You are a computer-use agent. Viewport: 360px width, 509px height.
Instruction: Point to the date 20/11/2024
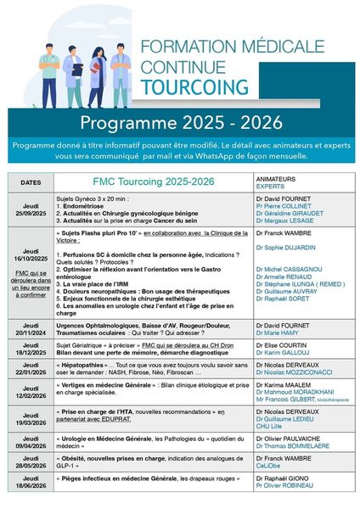30,338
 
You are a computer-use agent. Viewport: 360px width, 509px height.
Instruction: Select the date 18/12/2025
30,358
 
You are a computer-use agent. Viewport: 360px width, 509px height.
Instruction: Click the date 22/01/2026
30,381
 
